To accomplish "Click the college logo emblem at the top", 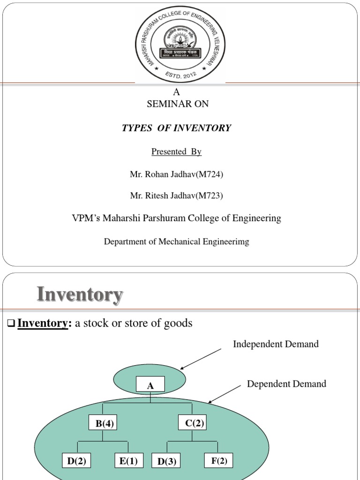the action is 180,45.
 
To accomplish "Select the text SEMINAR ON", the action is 178,104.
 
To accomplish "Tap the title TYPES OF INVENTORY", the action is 176,128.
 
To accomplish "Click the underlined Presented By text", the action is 176,151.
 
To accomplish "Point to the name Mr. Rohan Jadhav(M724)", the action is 176,174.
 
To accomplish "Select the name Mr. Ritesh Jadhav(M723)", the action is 176,196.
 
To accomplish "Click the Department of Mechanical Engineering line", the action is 176,242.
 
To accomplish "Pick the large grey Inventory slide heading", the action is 80,295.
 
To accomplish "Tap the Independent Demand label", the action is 276,344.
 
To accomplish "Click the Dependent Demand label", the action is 286,384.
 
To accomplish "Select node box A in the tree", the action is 150,386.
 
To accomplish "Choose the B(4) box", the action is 103,424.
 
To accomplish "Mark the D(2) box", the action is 76,461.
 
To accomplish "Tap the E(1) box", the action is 128,461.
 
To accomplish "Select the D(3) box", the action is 167,462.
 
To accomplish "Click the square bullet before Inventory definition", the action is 12,324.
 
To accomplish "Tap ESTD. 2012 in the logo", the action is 180,75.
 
